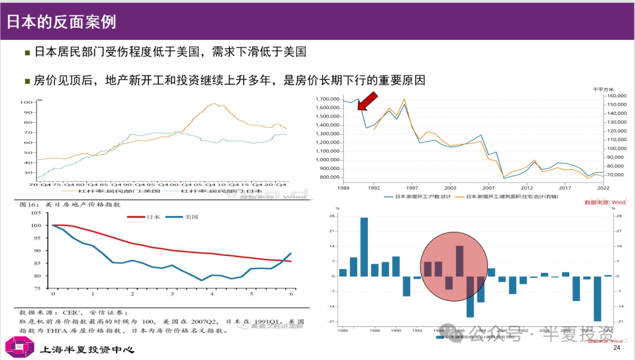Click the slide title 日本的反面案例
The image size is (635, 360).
click(62, 22)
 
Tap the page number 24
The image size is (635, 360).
click(617, 349)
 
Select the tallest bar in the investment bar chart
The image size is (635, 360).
click(364, 246)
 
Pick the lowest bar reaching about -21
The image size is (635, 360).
click(597, 299)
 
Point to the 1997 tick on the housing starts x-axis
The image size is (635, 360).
click(412, 188)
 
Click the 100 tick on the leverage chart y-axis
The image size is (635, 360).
click(26, 102)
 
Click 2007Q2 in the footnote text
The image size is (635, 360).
click(203, 322)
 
